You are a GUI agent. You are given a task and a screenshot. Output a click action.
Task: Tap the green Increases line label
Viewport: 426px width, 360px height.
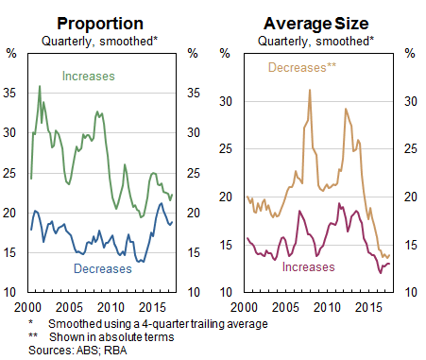(x=90, y=75)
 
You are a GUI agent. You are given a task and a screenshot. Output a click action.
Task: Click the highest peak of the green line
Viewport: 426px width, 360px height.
(x=39, y=87)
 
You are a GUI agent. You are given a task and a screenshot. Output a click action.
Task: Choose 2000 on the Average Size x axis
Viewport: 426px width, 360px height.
(x=244, y=309)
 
